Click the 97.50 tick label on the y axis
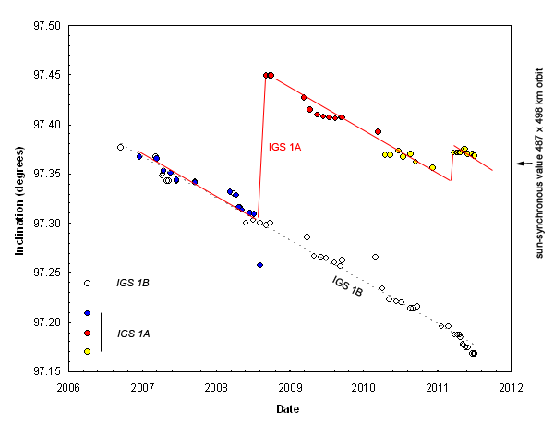pos(45,25)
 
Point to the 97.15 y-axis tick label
pos(45,371)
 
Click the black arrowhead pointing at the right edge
pos(519,163)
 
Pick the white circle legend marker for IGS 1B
pos(87,283)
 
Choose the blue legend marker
pos(87,313)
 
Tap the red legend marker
pos(87,332)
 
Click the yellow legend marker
pos(87,351)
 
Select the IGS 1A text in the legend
pos(136,333)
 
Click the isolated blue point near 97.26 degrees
pos(259,265)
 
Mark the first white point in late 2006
pos(120,147)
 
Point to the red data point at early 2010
pos(378,131)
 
